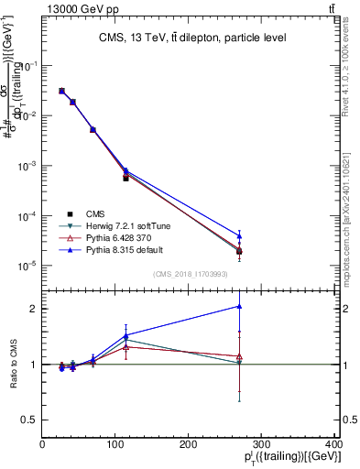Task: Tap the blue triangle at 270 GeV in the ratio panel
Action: (239, 306)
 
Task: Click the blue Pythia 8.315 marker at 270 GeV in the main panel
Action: (239, 236)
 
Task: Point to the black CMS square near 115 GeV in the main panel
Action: (125, 178)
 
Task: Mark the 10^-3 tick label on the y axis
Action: (27, 166)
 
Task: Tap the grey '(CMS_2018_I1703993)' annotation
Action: (191, 273)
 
